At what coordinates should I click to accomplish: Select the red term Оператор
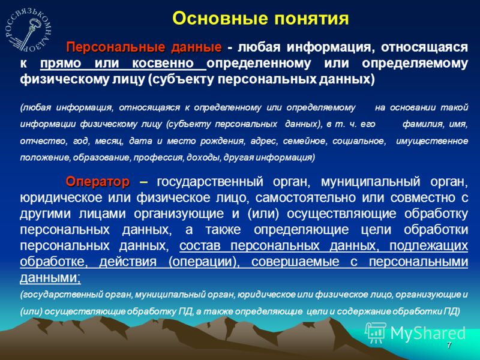pos(97,182)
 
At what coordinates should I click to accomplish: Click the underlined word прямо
pos(61,64)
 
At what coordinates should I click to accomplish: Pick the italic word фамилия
pos(422,124)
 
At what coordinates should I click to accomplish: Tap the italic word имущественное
pos(431,141)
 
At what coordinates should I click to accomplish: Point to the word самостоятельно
pos(305,198)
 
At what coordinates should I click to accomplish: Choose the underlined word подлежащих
pos(428,246)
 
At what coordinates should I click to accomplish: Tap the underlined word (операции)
pos(204,262)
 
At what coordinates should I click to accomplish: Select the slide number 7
pos(449,346)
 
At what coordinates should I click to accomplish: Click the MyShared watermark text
pos(427,334)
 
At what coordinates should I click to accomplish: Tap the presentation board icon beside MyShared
pos(376,332)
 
